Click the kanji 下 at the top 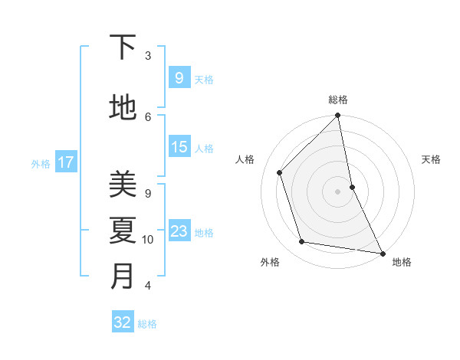click(123, 48)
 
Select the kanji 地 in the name click(123, 108)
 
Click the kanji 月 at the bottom click(123, 277)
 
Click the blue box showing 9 click(179, 77)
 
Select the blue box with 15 click(179, 147)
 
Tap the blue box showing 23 click(179, 231)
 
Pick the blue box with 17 click(65, 162)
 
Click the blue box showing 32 click(123, 322)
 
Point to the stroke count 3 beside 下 click(148, 56)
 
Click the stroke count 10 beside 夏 click(148, 240)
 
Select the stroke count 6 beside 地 click(148, 116)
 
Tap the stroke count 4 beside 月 click(148, 286)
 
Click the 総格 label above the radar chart click(338, 100)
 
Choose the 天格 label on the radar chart click(432, 159)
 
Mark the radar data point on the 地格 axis click(382, 253)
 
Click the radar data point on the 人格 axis click(280, 172)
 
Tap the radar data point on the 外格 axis click(302, 242)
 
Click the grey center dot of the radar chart click(338, 191)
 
